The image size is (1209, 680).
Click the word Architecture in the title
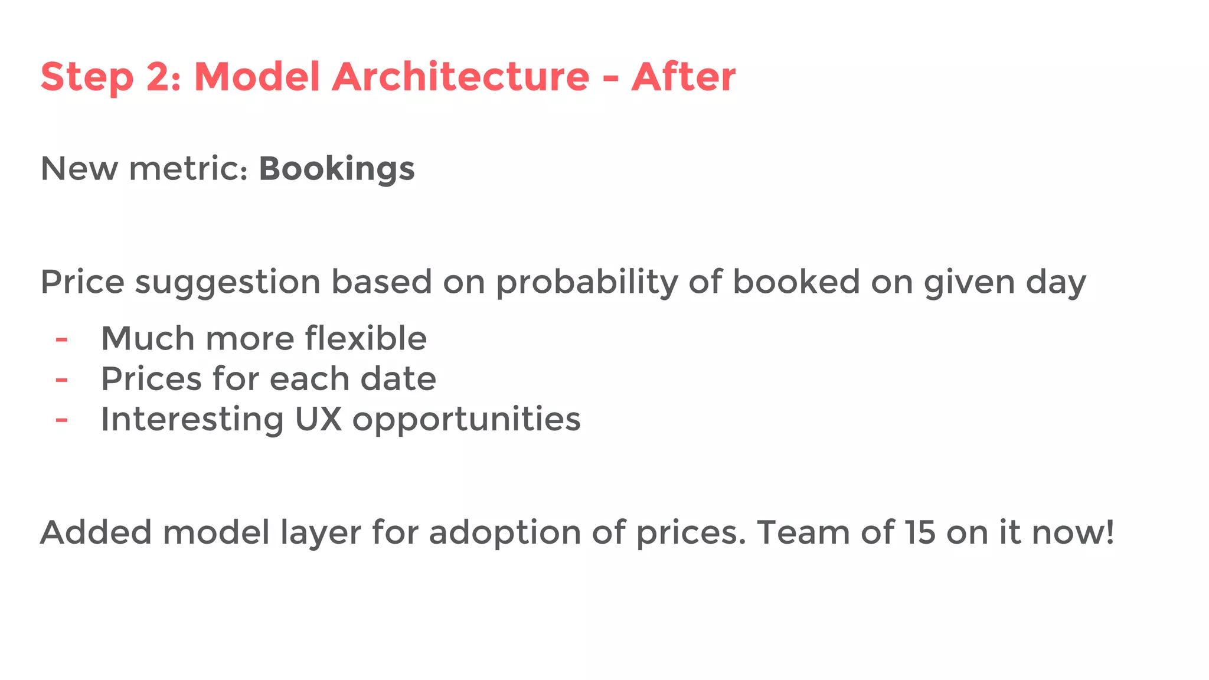[460, 77]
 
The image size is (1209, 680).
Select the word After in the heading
[683, 77]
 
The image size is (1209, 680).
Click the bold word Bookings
[336, 169]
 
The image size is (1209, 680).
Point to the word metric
[188, 169]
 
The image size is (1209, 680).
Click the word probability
[587, 282]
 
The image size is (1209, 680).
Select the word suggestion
[227, 282]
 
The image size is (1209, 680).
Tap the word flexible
[365, 338]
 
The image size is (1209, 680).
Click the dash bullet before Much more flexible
[61, 340]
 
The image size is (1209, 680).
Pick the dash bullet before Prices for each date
[61, 380]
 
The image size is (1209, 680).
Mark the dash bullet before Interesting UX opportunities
[61, 420]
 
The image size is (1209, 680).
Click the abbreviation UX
[318, 419]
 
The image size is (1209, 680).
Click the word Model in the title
[257, 77]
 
